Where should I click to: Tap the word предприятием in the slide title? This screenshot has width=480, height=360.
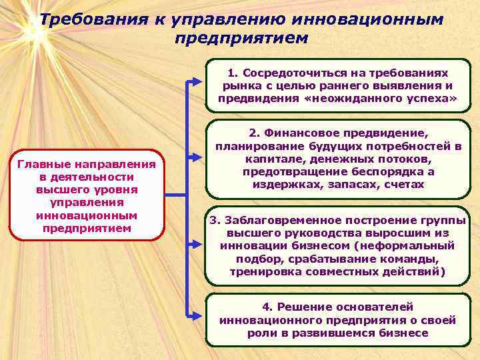click(241, 37)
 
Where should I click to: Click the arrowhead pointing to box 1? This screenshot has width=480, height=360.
click(197, 81)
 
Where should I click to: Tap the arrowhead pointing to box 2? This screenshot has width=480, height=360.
click(197, 158)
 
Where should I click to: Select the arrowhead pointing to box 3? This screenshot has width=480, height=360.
click(197, 243)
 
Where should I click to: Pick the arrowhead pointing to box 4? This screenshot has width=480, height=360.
click(197, 315)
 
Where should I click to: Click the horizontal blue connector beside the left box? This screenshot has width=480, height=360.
click(176, 195)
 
